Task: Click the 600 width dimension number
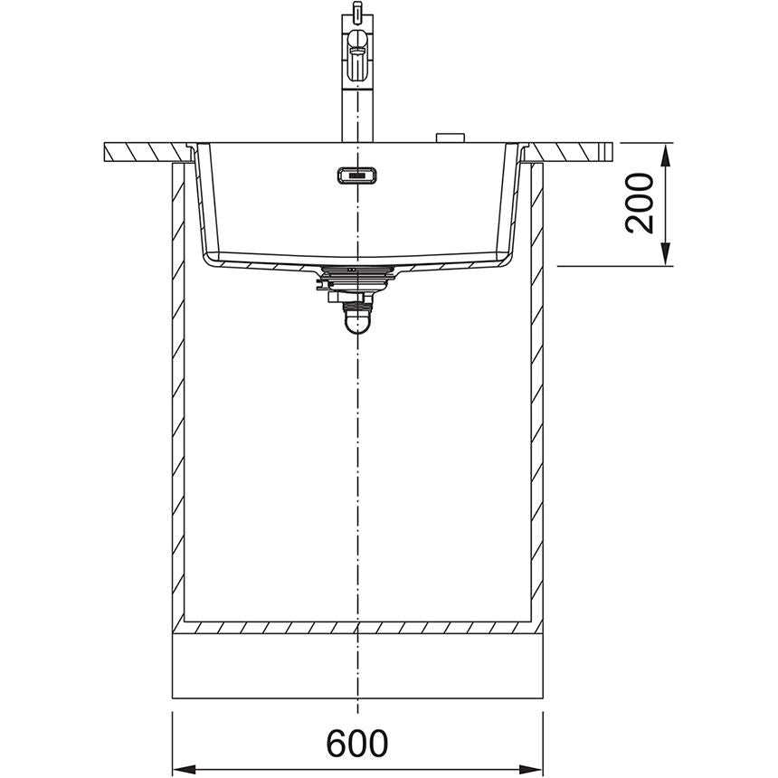[x=357, y=743]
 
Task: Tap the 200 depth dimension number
[x=640, y=203]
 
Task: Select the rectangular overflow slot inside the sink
[x=356, y=175]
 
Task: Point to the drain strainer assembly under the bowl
[x=358, y=277]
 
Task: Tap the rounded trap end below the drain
[x=358, y=321]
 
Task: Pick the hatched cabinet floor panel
[x=357, y=626]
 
